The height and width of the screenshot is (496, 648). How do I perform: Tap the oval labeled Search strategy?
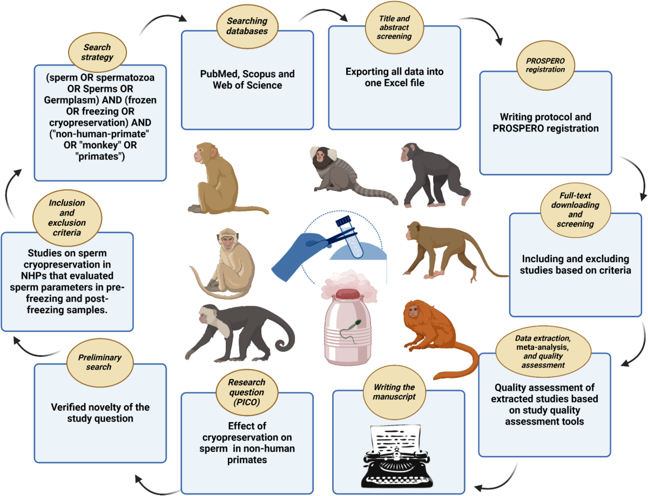(97, 52)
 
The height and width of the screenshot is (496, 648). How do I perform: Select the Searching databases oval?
(247, 26)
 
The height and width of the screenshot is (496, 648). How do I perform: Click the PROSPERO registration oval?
(545, 65)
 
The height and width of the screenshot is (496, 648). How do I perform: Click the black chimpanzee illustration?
(435, 174)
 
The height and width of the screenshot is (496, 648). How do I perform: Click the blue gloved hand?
(298, 256)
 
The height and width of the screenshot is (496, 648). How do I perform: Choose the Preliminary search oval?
(100, 362)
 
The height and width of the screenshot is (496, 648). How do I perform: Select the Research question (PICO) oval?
(247, 392)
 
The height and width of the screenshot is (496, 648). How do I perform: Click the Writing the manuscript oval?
(394, 392)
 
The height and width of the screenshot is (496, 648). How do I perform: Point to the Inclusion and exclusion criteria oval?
(67, 218)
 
